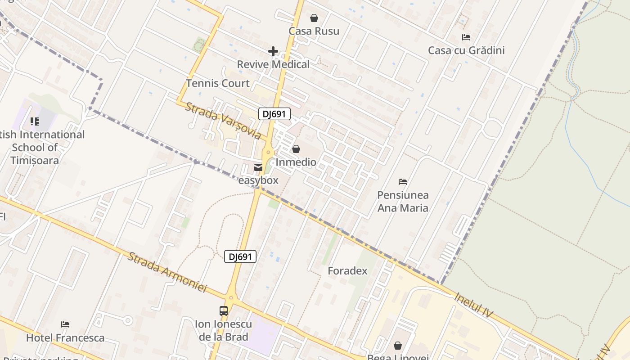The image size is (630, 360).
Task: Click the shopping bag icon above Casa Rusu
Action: pyautogui.click(x=314, y=18)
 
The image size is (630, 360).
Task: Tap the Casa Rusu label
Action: pyautogui.click(x=314, y=31)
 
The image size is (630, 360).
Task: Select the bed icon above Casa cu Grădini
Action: pyautogui.click(x=466, y=37)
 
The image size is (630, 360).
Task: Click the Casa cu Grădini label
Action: pyautogui.click(x=466, y=50)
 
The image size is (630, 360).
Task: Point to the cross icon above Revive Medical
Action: pyautogui.click(x=273, y=51)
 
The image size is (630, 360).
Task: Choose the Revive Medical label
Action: pyautogui.click(x=273, y=64)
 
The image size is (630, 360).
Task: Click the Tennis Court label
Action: pyautogui.click(x=218, y=83)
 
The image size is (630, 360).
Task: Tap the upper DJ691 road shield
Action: pyautogui.click(x=274, y=114)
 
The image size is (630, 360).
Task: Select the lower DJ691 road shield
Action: pyautogui.click(x=240, y=257)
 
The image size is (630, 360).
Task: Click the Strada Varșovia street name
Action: pyautogui.click(x=223, y=120)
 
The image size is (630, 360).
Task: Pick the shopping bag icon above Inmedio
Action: pyautogui.click(x=296, y=149)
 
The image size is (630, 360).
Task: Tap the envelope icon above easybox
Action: pyautogui.click(x=258, y=167)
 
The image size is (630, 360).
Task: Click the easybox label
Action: pyautogui.click(x=258, y=180)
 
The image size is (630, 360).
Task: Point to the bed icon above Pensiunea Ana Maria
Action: pyautogui.click(x=403, y=182)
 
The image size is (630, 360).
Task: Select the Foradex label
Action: pyautogui.click(x=347, y=271)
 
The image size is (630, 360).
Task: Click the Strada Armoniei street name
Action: pyautogui.click(x=167, y=272)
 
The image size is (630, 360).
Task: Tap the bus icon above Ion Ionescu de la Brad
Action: pyautogui.click(x=224, y=310)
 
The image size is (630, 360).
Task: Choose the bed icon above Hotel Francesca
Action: pyautogui.click(x=65, y=324)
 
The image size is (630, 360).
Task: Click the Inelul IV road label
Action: pyautogui.click(x=474, y=305)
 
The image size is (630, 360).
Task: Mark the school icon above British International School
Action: pyautogui.click(x=35, y=121)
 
